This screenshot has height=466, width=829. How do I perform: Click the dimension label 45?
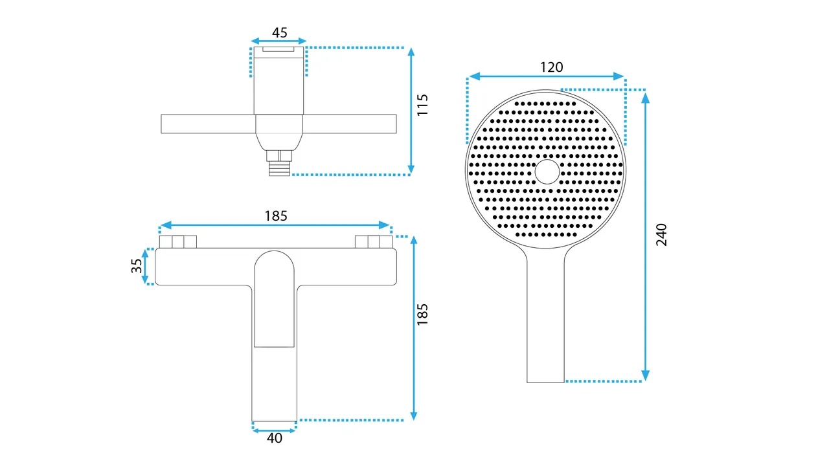[279, 32]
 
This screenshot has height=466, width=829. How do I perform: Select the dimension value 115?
[422, 105]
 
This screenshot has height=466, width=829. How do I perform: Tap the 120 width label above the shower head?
[551, 67]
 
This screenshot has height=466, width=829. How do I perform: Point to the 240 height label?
[661, 234]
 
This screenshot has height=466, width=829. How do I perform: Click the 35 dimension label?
[137, 265]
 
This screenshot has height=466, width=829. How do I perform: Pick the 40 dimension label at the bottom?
[274, 438]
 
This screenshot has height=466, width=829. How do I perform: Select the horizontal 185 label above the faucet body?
[276, 216]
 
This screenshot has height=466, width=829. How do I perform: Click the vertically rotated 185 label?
[422, 315]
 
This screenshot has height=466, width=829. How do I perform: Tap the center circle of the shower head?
[547, 172]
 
